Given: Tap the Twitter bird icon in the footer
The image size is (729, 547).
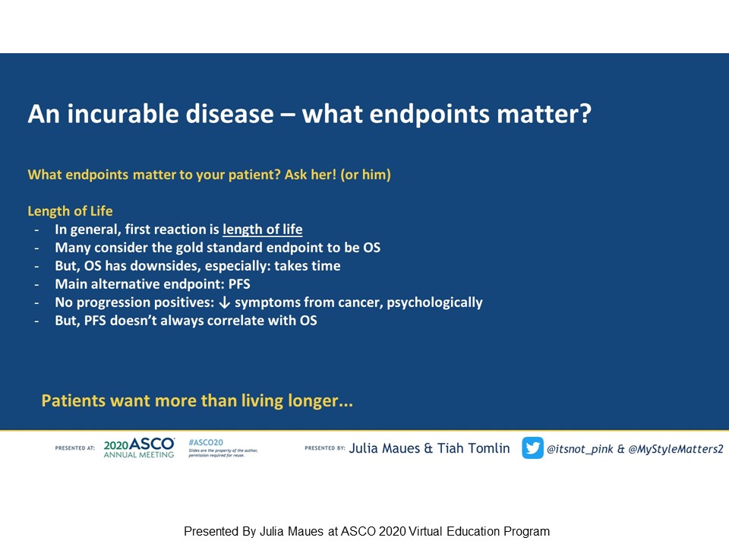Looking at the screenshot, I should pyautogui.click(x=532, y=448).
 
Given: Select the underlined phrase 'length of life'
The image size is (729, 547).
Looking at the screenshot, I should pyautogui.click(x=262, y=229).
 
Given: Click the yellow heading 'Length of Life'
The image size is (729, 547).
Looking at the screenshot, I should pyautogui.click(x=70, y=211).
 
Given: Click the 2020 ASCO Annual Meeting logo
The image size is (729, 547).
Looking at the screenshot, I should pyautogui.click(x=139, y=448).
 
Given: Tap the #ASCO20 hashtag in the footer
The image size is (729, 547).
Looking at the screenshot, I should pyautogui.click(x=205, y=441).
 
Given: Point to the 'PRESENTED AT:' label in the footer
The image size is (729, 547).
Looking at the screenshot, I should pyautogui.click(x=75, y=448).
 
